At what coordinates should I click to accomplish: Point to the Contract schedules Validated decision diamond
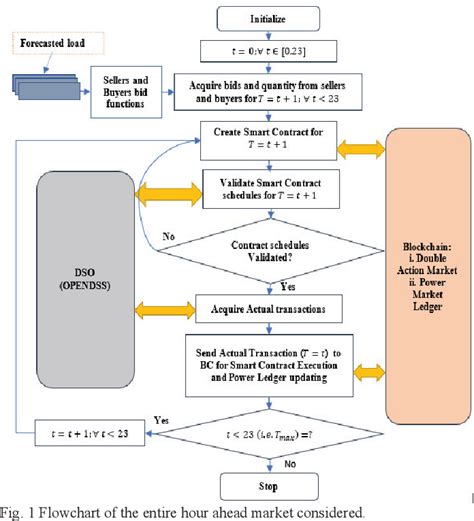pyautogui.click(x=273, y=249)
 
